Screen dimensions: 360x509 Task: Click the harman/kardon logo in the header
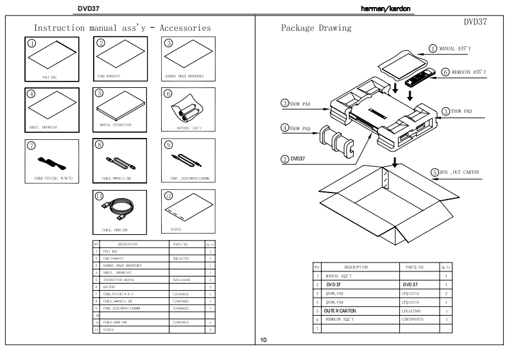[385, 8]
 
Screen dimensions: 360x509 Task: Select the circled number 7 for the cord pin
[31, 145]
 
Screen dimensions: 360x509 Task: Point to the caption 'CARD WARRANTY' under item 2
[111, 76]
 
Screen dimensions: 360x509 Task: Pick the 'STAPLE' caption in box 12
[175, 228]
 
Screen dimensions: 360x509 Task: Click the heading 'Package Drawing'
[316, 28]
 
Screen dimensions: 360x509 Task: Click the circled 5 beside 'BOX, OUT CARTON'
[434, 172]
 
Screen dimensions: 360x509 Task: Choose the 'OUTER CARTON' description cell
[340, 311]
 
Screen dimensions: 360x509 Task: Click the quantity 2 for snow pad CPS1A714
[445, 293]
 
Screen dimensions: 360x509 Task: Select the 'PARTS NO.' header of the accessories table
[181, 244]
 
